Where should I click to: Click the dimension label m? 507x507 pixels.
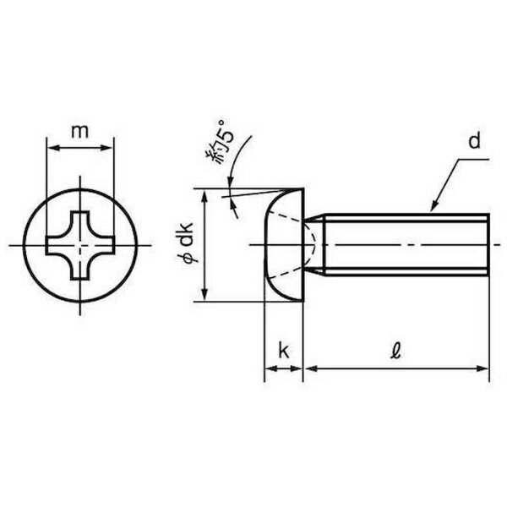pos(80,132)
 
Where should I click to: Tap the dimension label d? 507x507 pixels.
pos(474,141)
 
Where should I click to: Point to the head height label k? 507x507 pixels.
pos(284,351)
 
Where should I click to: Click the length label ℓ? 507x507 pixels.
pos(395,352)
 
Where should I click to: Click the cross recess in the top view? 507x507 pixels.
pos(80,245)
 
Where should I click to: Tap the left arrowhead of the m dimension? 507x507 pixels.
pos(54,148)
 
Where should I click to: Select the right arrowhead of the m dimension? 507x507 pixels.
pos(106,148)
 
